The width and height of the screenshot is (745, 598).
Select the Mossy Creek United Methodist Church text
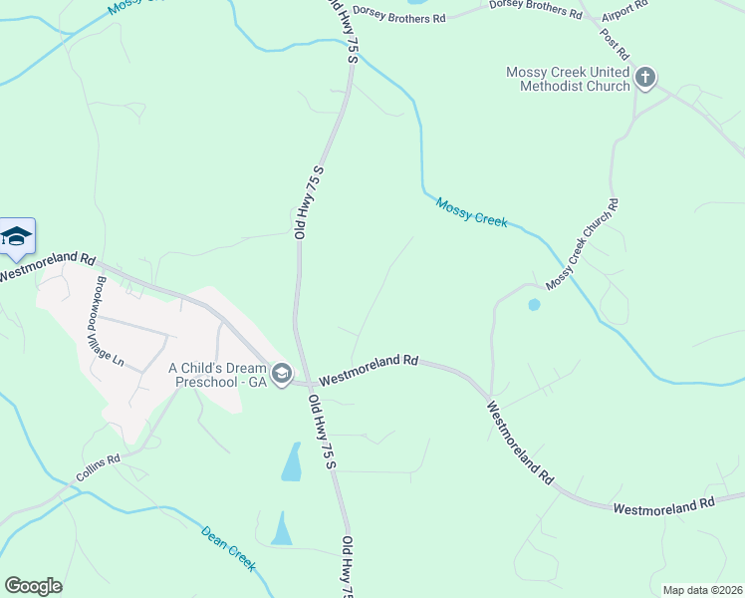(x=568, y=79)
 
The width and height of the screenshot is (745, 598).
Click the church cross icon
(x=645, y=77)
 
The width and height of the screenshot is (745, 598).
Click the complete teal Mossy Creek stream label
(x=471, y=212)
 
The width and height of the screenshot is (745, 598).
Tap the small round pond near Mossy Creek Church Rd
(x=534, y=304)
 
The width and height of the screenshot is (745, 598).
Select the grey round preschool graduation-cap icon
(x=282, y=374)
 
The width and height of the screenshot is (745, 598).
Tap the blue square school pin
(x=17, y=236)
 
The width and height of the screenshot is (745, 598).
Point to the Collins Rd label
(x=99, y=470)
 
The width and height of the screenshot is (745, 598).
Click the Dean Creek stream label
(x=229, y=549)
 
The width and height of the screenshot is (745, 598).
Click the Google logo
(x=33, y=586)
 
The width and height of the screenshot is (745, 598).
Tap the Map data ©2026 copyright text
(x=701, y=590)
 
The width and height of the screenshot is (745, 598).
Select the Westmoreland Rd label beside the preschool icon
(x=368, y=368)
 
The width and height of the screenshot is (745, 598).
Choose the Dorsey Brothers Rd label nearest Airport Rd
(x=535, y=9)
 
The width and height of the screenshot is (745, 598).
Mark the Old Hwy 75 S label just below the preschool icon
(x=324, y=432)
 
